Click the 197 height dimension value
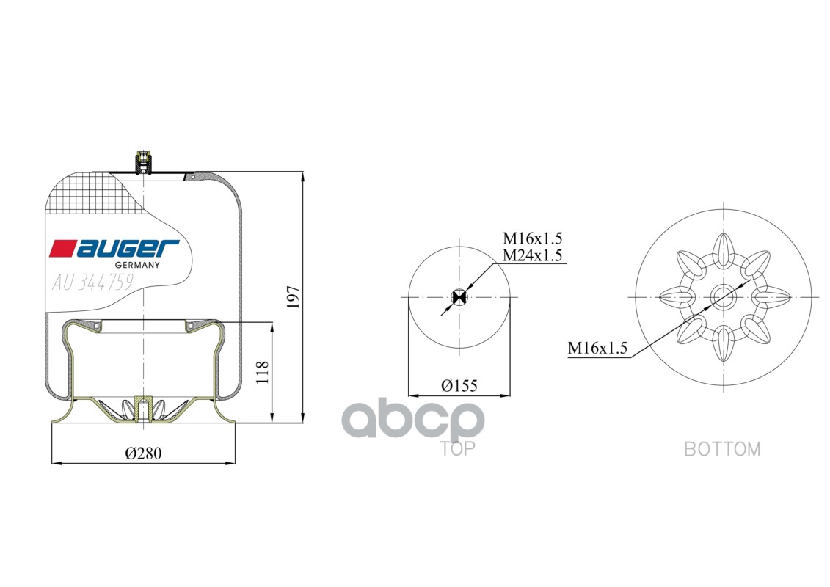pos(294,297)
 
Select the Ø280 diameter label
pos(143,453)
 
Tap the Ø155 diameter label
pos(459,386)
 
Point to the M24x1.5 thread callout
pos(532,255)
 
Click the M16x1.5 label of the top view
pos(532,238)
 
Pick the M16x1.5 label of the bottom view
pos(598,349)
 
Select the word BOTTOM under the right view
pos(722,449)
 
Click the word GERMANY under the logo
pos(138,265)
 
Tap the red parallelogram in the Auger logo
pos(62,249)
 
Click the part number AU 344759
pos(92,282)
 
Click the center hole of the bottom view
pos(724,296)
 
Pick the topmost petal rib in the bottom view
pos(724,248)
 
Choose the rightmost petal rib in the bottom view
pos(771,296)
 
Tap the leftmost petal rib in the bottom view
pos(676,296)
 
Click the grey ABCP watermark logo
pos(414,421)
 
